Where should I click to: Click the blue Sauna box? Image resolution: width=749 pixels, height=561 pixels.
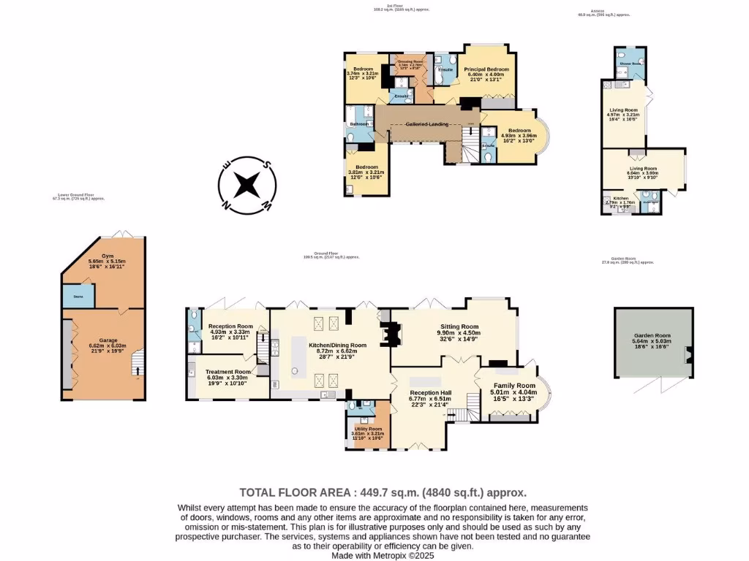(x=77, y=296)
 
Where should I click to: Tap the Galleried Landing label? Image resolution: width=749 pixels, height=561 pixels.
(x=428, y=124)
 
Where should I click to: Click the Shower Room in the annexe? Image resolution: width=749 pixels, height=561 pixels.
(x=631, y=64)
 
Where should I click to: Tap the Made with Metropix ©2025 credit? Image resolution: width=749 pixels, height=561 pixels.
(x=383, y=555)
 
